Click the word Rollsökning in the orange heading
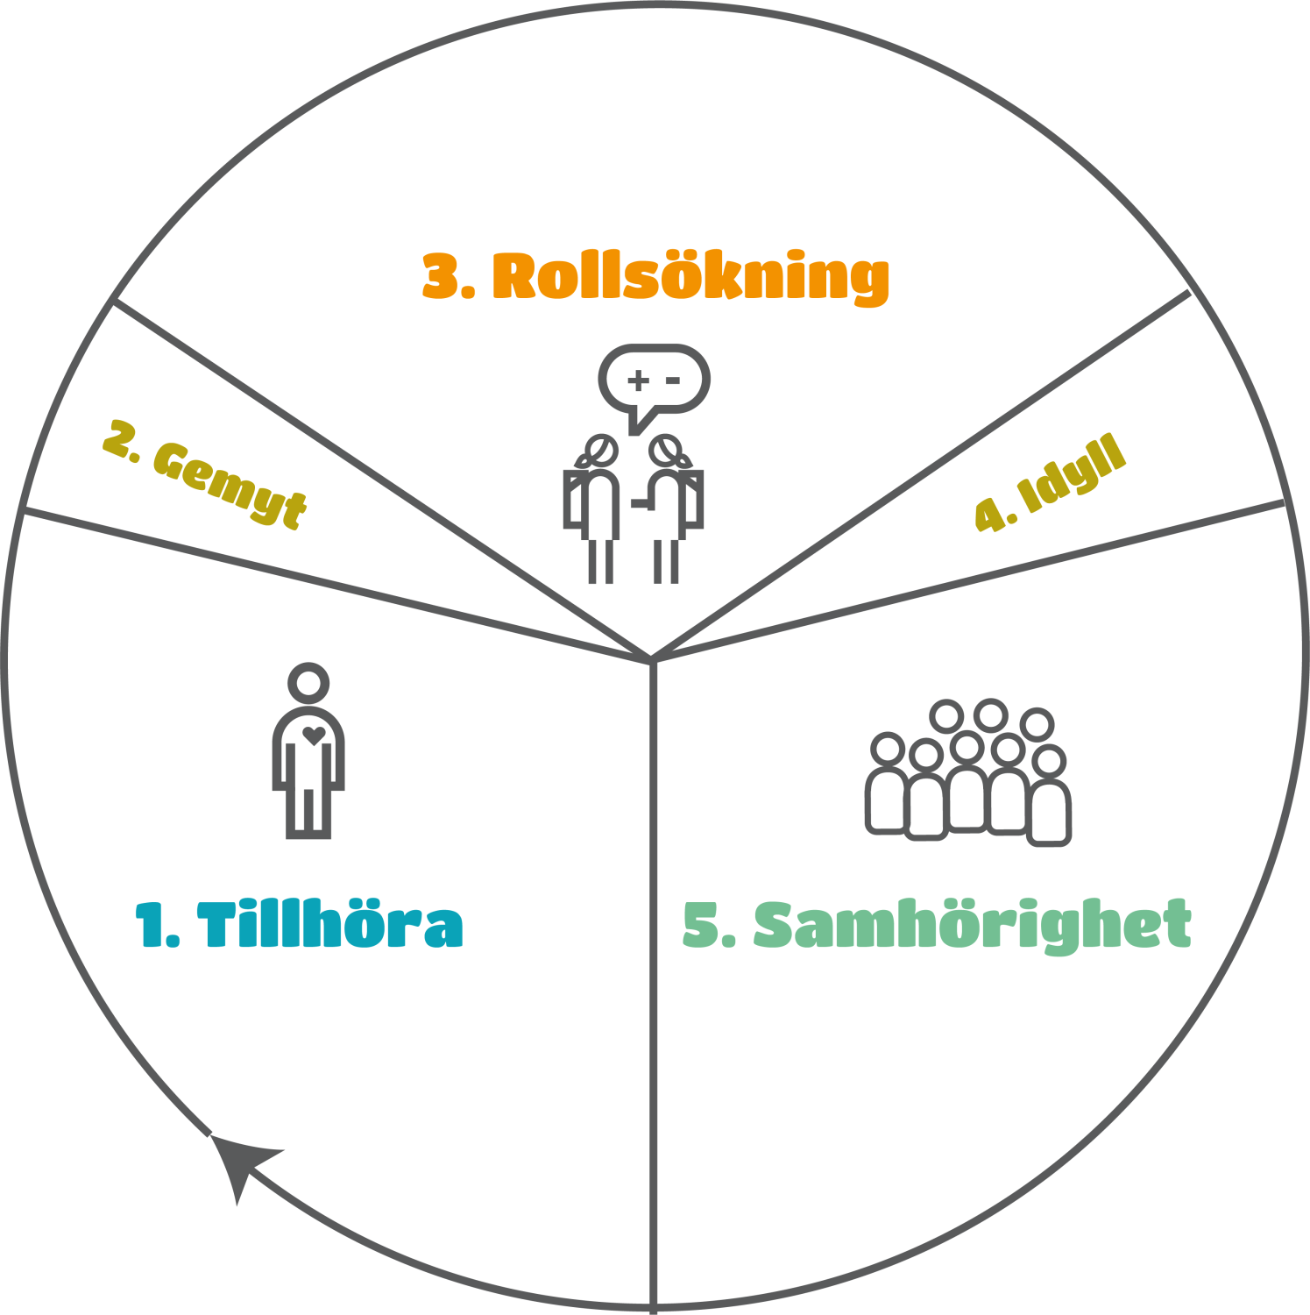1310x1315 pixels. point(690,279)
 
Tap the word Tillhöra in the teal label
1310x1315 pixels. point(330,926)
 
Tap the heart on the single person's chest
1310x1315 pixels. point(314,735)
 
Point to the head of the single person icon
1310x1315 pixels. point(308,682)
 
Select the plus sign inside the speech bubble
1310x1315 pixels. point(639,380)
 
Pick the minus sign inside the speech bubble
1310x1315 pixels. point(672,380)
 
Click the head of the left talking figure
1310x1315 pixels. point(601,451)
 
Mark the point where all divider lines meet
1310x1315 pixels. point(652,659)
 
